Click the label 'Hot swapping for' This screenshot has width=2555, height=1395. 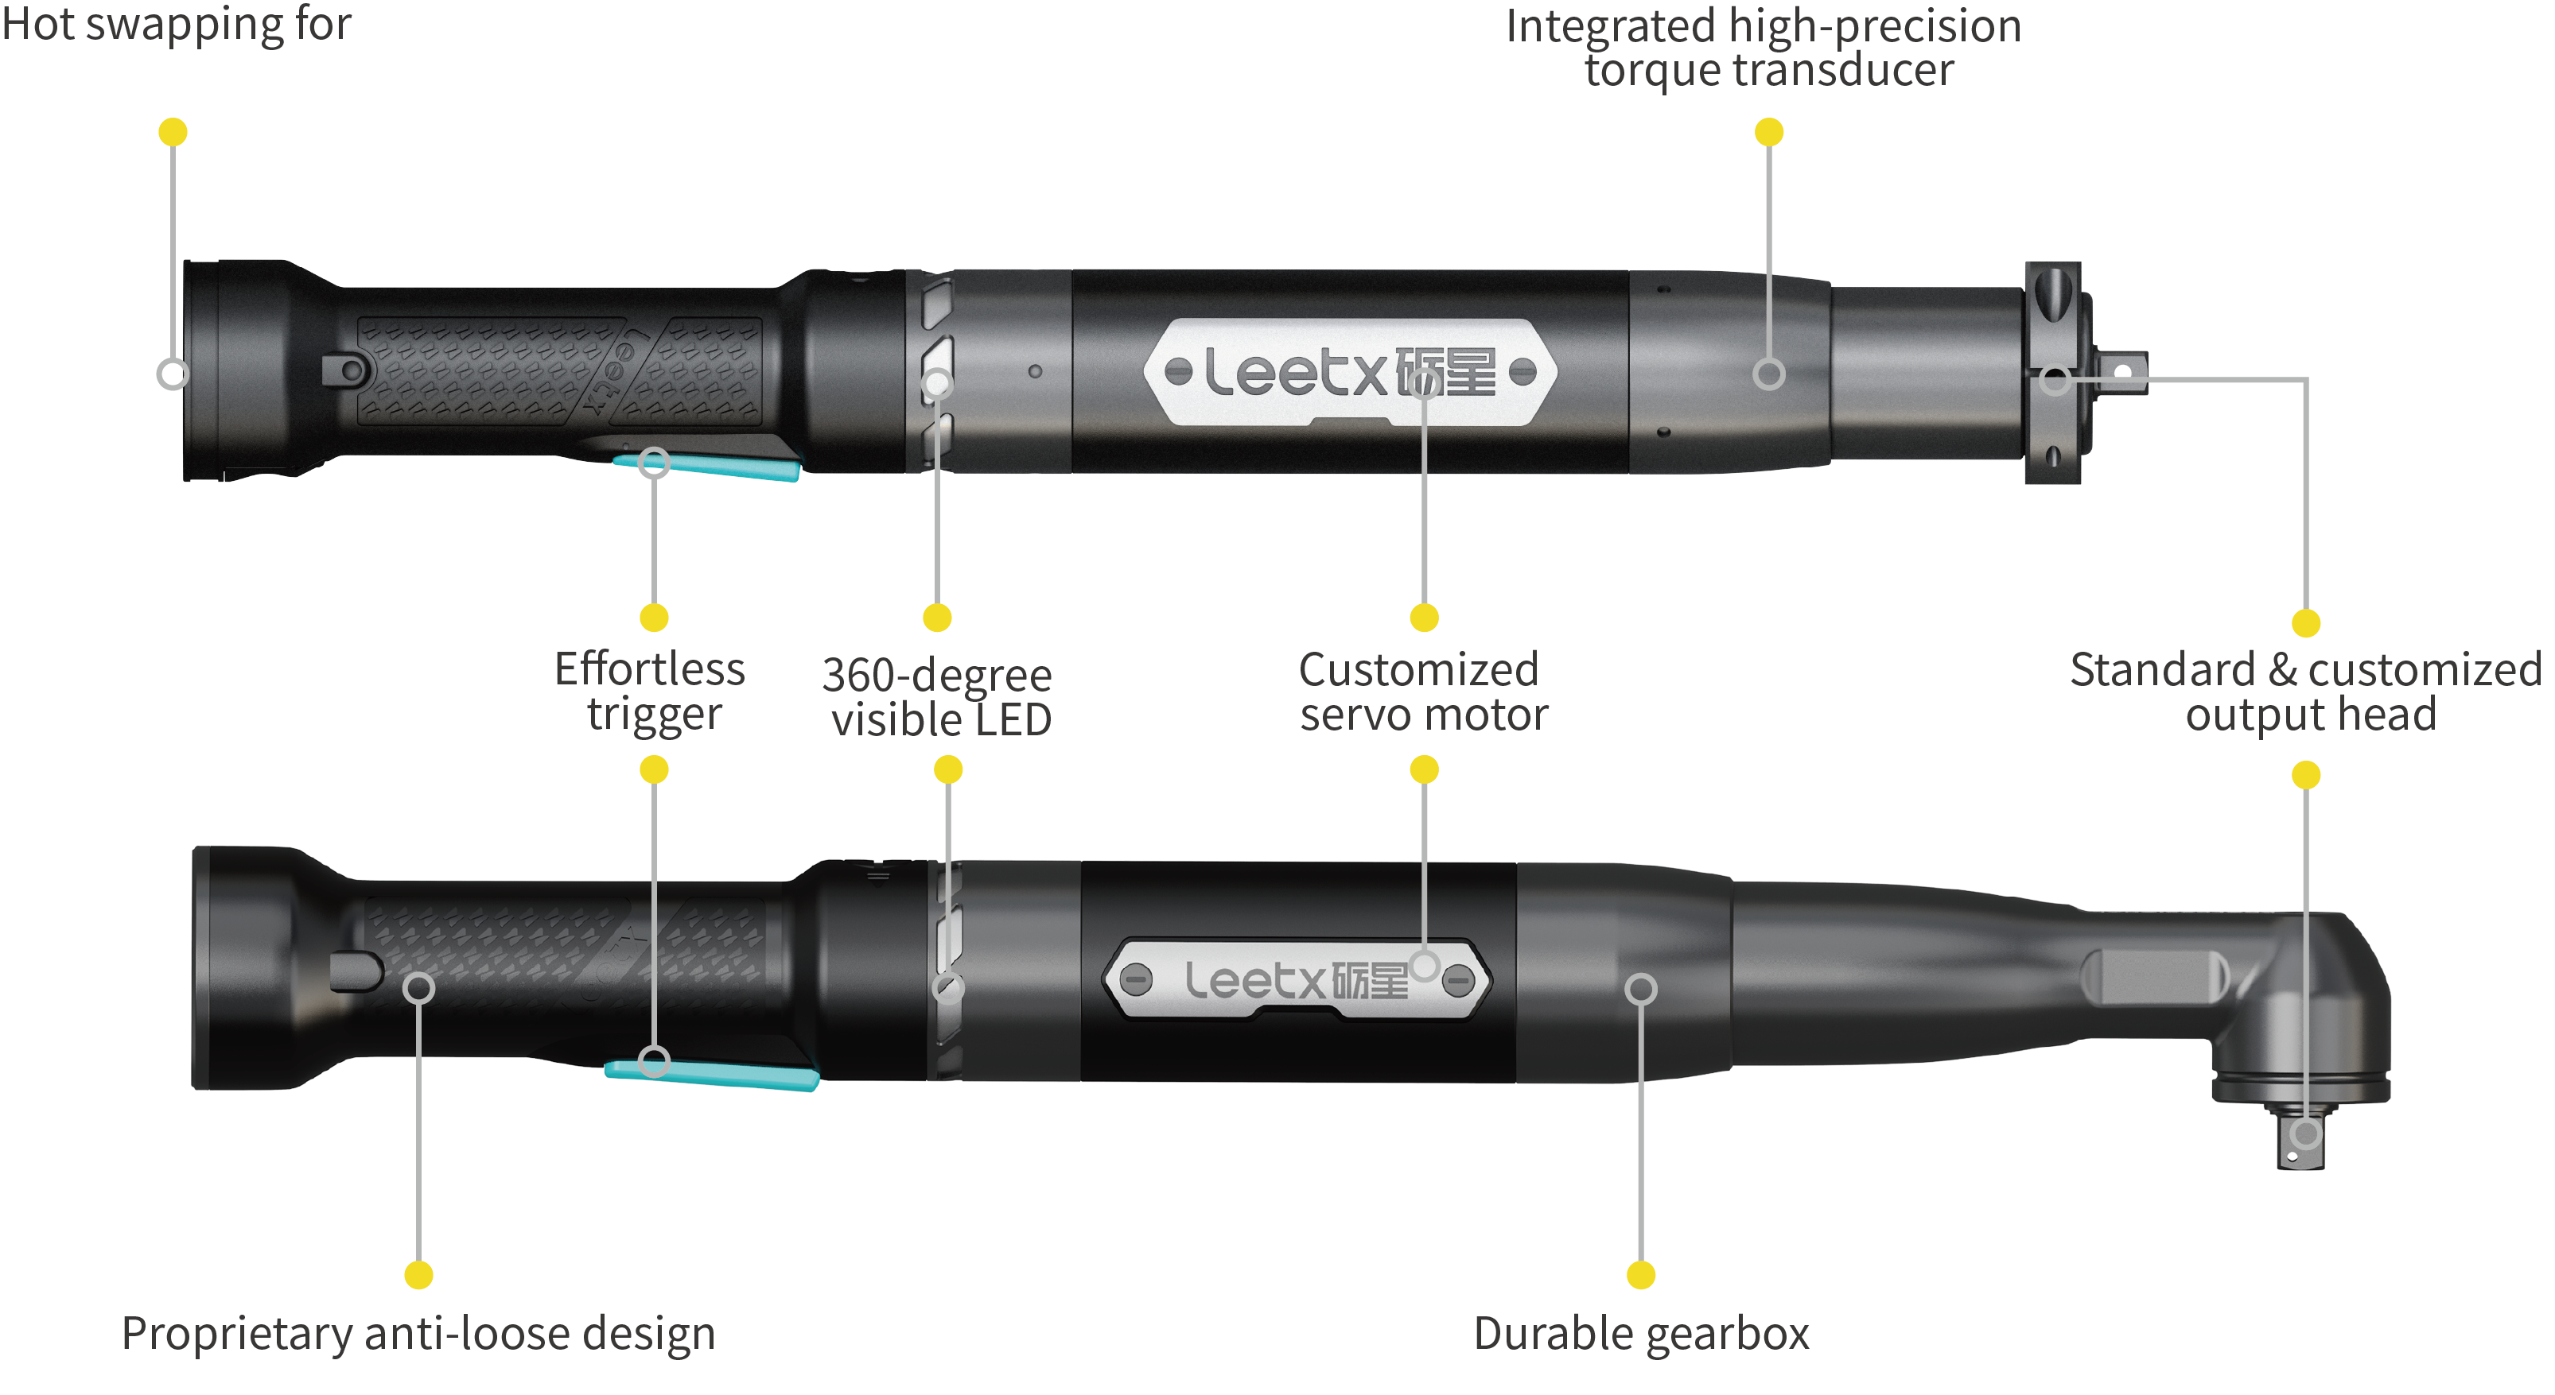click(177, 24)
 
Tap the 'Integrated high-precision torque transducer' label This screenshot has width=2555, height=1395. click(1764, 48)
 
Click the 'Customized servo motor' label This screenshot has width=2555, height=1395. click(1422, 692)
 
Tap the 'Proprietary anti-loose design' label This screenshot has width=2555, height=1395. click(418, 1334)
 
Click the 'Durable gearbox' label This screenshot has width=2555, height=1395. click(1642, 1334)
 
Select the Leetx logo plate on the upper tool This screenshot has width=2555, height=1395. click(1349, 373)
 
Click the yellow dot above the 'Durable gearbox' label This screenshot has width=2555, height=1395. click(1642, 1275)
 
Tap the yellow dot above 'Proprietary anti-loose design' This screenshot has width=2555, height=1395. click(418, 1275)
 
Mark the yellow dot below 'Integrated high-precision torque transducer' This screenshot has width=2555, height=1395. click(1769, 132)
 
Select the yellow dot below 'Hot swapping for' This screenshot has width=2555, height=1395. click(173, 132)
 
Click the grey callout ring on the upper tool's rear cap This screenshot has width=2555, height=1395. click(173, 374)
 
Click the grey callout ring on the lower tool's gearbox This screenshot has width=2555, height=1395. click(1642, 989)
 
